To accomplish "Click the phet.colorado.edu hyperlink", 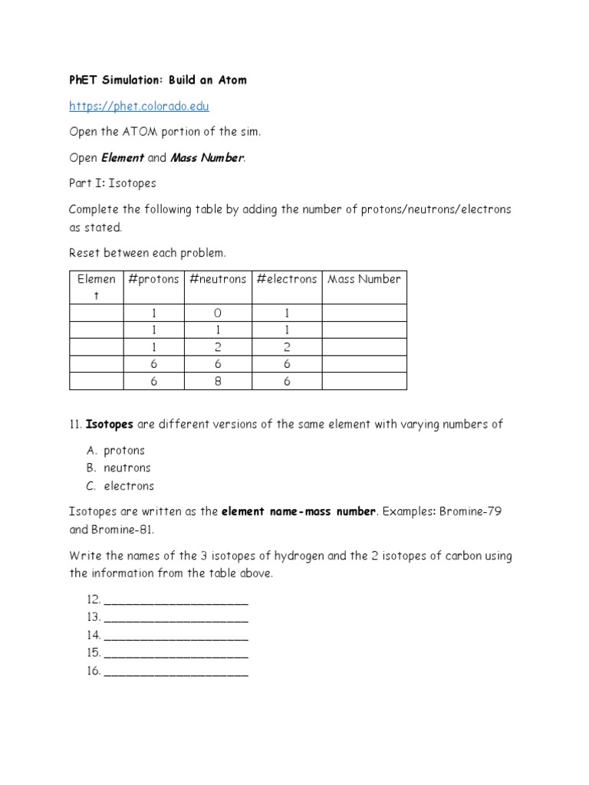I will click(x=139, y=106).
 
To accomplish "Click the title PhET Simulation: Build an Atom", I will click(x=158, y=80).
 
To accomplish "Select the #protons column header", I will click(x=153, y=279).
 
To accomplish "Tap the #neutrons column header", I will click(x=218, y=279).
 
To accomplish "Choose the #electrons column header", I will click(x=287, y=279).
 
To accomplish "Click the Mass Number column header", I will click(x=364, y=279).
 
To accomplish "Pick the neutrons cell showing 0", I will click(x=218, y=313).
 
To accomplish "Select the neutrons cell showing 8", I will click(x=218, y=382).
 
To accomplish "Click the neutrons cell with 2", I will click(x=218, y=347).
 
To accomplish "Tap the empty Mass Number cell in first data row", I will click(x=364, y=313).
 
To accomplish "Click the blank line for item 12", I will click(x=176, y=599).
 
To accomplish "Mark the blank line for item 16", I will click(x=176, y=671).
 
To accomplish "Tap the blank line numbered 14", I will click(x=176, y=636).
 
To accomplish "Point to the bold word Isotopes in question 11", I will click(x=110, y=424).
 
